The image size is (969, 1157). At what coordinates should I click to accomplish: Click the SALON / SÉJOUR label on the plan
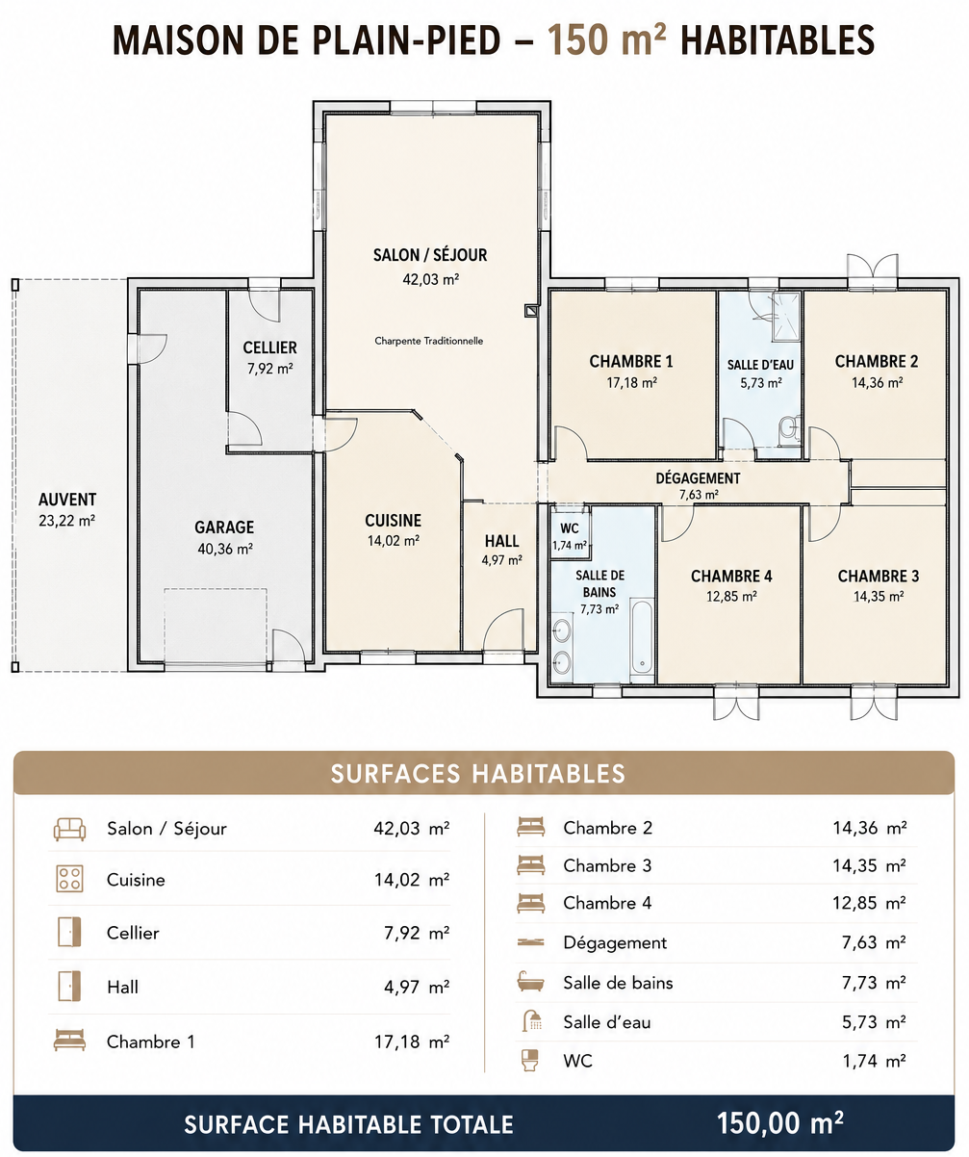[x=430, y=255]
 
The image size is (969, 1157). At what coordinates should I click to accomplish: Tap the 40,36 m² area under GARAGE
[x=225, y=549]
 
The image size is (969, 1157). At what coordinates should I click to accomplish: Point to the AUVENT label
[x=67, y=500]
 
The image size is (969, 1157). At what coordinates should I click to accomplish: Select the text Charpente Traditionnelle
[x=429, y=341]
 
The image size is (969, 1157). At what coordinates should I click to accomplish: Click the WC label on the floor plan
[x=570, y=528]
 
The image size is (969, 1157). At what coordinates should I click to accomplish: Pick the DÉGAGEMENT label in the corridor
[x=698, y=478]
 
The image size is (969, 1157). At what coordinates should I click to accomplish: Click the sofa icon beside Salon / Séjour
[x=69, y=829]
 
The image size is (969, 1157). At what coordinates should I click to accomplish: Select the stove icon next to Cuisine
[x=69, y=880]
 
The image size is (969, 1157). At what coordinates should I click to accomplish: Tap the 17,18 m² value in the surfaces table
[x=412, y=1042]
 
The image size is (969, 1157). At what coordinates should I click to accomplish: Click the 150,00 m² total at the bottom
[x=780, y=1123]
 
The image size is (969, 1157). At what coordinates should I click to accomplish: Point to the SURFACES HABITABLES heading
[x=477, y=774]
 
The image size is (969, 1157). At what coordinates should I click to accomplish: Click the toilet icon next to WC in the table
[x=530, y=1060]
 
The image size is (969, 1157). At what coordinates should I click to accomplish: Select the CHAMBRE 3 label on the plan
[x=879, y=577]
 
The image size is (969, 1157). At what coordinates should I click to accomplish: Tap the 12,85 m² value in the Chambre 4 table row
[x=869, y=903]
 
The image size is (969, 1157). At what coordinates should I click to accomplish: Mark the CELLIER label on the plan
[x=269, y=347]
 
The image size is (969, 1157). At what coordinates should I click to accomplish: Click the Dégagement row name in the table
[x=615, y=942]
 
